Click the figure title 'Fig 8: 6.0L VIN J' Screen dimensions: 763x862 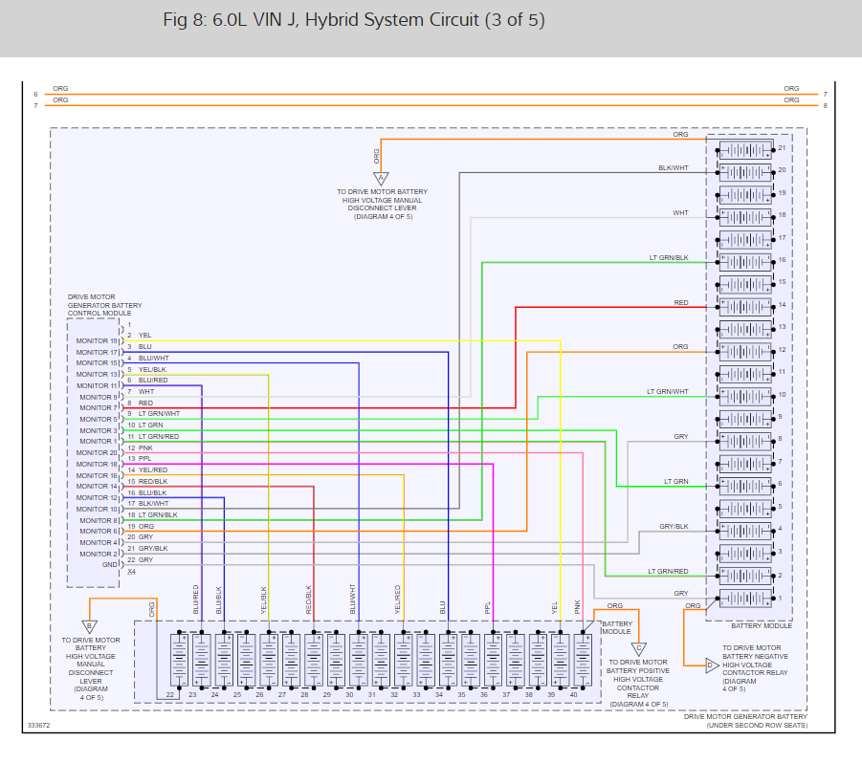pos(354,20)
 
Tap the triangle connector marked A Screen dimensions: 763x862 pos(380,178)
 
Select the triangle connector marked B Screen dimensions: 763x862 pos(90,626)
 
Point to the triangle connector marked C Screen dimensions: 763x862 pos(639,648)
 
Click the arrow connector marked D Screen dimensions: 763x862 pos(711,665)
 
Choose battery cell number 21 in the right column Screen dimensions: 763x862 pos(745,149)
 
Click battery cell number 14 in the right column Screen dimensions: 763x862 pos(745,305)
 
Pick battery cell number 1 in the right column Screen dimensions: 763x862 pos(745,599)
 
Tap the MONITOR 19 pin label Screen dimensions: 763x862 pos(98,340)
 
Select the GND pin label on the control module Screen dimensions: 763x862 pos(110,565)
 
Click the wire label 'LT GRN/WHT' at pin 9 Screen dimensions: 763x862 pos(159,414)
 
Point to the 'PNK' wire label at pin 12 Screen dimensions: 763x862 pos(145,447)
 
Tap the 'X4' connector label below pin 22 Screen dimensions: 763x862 pos(132,572)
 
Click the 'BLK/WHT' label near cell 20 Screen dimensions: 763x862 pos(673,168)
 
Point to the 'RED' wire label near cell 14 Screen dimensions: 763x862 pos(680,303)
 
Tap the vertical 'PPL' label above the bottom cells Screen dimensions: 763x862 pos(488,606)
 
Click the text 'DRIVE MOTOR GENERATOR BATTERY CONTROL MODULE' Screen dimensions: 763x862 pos(99,305)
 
